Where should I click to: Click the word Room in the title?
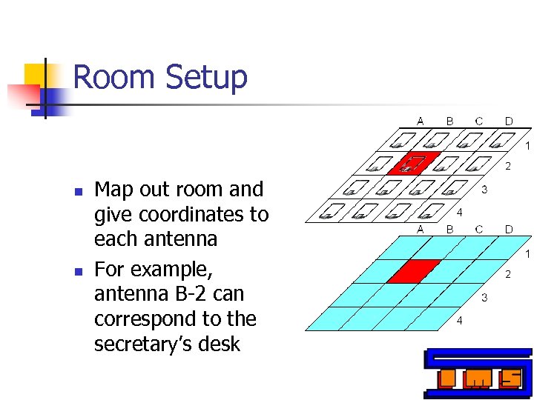tap(115, 77)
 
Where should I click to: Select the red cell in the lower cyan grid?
tap(414, 271)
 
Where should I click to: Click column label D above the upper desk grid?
tap(509, 121)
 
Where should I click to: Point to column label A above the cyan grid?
tap(421, 229)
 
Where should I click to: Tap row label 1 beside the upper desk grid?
tap(527, 146)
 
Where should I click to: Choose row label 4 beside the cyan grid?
tap(460, 321)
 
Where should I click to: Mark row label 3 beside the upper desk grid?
tap(484, 190)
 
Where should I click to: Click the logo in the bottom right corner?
tap(478, 374)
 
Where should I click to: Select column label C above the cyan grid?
tap(479, 229)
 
